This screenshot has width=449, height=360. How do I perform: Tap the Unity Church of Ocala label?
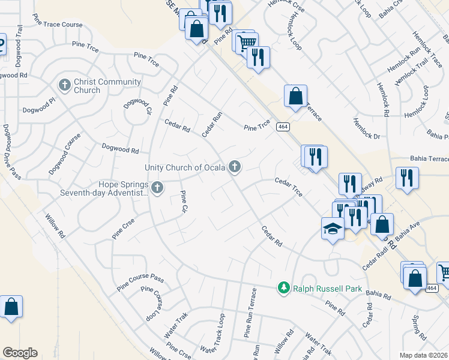click(184, 167)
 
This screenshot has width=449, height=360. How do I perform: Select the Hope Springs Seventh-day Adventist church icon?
click(157, 188)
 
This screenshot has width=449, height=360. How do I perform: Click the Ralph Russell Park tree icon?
click(284, 289)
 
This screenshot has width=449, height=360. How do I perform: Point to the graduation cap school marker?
click(333, 229)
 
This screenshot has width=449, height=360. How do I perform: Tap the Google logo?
click(20, 353)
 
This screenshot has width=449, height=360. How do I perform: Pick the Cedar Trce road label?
click(288, 187)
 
